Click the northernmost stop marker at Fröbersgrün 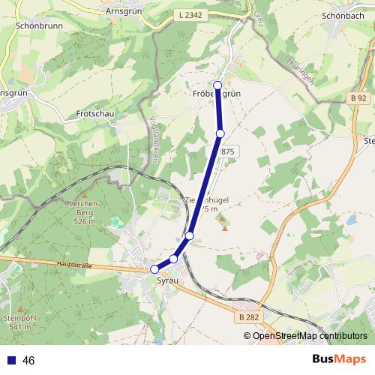pos(217,85)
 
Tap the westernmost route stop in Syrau pos(155,269)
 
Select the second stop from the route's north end pos(220,133)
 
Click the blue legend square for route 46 pos(10,361)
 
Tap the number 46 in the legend pos(29,361)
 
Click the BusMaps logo pos(339,359)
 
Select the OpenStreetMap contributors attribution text pos(310,335)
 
